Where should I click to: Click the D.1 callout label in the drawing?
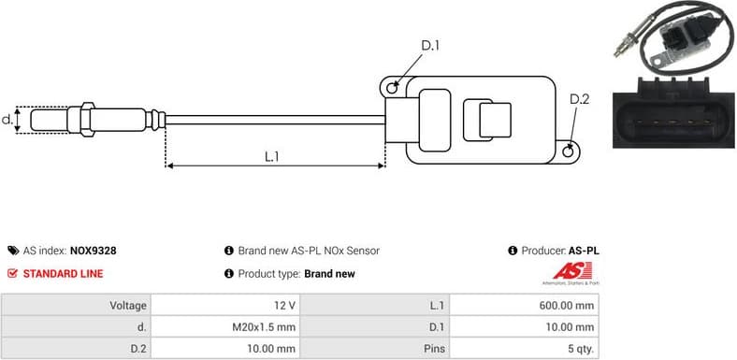tap(430, 45)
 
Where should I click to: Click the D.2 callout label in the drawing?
tap(579, 100)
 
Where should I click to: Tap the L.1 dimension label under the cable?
tap(272, 156)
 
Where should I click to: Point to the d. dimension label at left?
tap(7, 120)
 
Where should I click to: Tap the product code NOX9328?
tap(94, 251)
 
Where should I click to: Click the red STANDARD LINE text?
tap(63, 274)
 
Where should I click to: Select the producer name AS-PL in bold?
tap(584, 251)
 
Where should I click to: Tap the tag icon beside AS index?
tap(12, 251)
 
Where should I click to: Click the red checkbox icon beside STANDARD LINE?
tap(12, 274)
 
